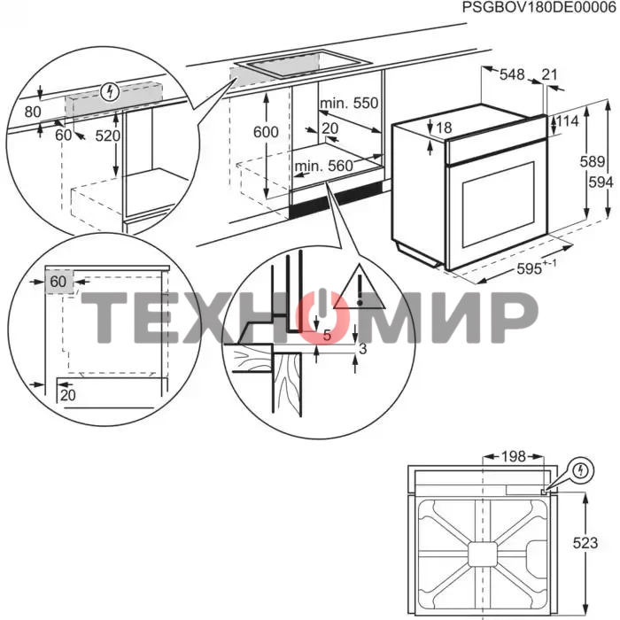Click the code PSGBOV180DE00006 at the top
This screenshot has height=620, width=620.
pos(539,8)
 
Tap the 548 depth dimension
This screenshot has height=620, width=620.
pos(512,74)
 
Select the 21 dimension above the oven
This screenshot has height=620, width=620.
pos(549,74)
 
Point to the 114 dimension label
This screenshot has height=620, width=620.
pos(568,121)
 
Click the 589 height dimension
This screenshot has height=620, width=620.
pos(593,161)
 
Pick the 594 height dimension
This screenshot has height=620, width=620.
pos(601,182)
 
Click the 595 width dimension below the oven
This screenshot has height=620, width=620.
pos(529,269)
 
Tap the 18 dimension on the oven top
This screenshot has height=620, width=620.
pos(444,128)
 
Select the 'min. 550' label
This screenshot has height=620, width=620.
pos(349,103)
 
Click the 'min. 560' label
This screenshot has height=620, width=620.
pos(324,166)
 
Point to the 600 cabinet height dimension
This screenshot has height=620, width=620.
pos(266,132)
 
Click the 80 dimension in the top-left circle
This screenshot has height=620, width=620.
pos(33,112)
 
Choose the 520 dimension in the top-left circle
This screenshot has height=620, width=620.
pos(107,136)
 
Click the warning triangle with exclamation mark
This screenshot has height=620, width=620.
pos(359,288)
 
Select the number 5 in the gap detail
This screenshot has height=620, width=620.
pos(327,336)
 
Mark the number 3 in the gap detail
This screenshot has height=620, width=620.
pos(362,349)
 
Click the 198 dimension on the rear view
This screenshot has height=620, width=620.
pos(513,457)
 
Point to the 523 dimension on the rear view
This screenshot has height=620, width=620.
pos(585,543)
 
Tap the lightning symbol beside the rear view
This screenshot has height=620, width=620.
pos(581,470)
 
